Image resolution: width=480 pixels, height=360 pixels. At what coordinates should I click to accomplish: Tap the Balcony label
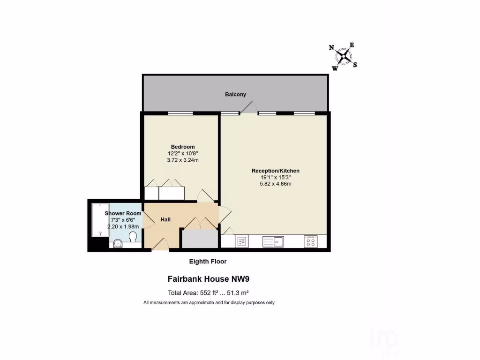click(235, 94)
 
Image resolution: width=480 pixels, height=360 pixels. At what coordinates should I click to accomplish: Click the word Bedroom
click(182, 147)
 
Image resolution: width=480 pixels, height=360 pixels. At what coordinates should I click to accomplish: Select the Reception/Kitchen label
click(276, 171)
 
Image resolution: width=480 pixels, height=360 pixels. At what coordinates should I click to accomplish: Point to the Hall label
click(165, 219)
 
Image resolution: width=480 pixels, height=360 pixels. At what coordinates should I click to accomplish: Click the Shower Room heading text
click(123, 213)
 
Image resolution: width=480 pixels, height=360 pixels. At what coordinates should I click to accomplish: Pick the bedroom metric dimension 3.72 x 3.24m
click(182, 160)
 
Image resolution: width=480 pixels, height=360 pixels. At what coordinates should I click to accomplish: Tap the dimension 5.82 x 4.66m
click(276, 184)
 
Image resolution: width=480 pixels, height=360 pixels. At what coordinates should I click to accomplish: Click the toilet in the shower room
click(133, 237)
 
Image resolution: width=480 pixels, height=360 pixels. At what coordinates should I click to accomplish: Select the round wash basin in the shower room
click(117, 243)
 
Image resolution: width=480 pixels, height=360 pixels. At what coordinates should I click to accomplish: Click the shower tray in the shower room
click(100, 219)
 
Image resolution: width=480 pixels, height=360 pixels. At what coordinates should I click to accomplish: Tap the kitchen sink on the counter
click(273, 241)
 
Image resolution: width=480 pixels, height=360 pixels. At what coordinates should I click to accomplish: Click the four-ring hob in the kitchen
click(310, 241)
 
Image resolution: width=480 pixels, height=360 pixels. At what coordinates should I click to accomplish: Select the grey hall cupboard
click(200, 239)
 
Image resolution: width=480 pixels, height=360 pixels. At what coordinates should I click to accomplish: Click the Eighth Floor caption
click(208, 261)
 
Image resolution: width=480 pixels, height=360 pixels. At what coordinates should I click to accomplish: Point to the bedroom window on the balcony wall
click(180, 113)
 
